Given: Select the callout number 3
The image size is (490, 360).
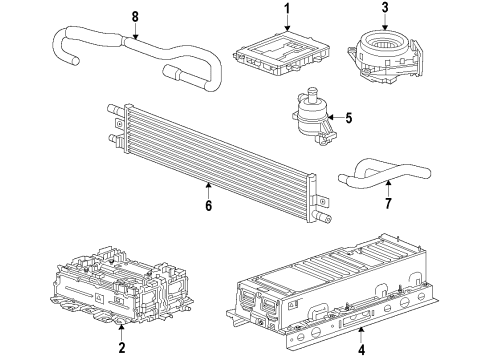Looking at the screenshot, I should [x=385, y=11].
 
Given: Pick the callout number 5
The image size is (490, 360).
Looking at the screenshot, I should [x=349, y=118].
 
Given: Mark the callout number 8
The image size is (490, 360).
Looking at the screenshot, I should [x=135, y=15].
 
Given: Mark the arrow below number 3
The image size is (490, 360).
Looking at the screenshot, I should [x=385, y=25].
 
